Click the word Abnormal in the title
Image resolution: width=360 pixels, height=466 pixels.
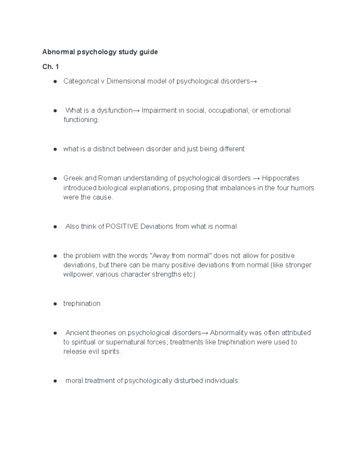coord(58,52)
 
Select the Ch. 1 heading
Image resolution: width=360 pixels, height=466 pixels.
coord(50,67)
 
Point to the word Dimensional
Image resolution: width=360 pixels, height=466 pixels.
coord(125,81)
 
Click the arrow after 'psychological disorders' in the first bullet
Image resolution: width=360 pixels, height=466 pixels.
coord(253,81)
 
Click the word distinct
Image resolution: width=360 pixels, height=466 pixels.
coord(104,149)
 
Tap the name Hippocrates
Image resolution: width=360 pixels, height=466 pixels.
coord(280,178)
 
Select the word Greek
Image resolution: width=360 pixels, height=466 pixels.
coord(73,178)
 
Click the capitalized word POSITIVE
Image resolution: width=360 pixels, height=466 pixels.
coord(122,227)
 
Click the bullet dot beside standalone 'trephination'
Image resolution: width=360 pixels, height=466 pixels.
coord(55,304)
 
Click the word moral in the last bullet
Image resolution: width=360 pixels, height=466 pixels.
coord(74,381)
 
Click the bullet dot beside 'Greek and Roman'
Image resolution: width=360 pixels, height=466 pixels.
coord(55,179)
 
